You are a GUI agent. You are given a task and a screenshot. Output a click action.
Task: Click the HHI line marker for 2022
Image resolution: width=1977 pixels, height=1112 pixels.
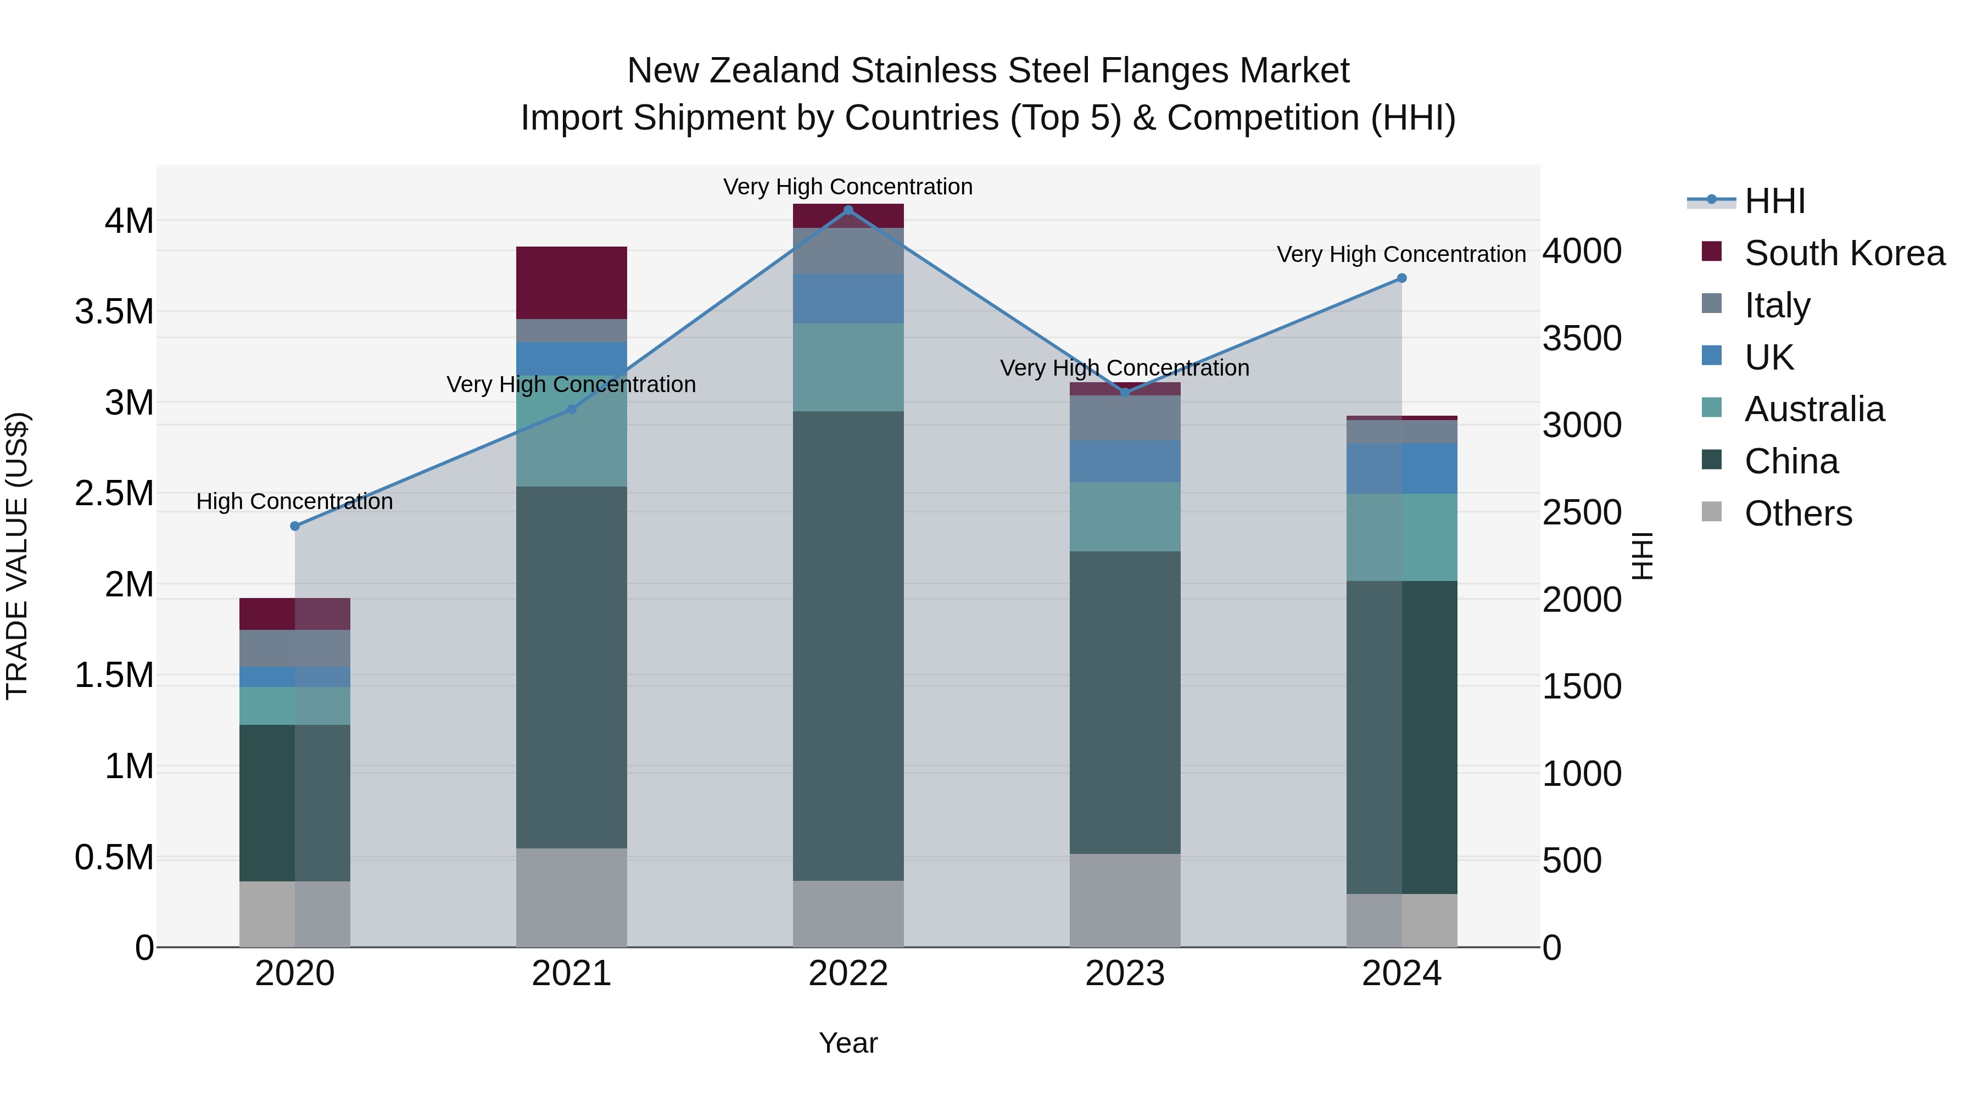[848, 210]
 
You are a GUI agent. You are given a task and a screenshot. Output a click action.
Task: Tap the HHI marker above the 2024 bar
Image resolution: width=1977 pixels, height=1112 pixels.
[1401, 278]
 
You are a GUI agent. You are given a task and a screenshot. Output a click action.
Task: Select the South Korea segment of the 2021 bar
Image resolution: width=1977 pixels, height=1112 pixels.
[571, 282]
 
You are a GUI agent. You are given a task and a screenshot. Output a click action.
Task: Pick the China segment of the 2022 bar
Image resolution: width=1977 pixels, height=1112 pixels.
[848, 645]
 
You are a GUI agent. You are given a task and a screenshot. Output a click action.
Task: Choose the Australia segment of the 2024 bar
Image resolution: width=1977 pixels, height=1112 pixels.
[1401, 537]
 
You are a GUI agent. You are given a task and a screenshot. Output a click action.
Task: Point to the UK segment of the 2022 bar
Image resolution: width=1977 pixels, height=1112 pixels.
[848, 299]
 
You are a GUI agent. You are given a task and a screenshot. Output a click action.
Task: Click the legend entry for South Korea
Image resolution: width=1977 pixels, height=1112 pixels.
[1844, 253]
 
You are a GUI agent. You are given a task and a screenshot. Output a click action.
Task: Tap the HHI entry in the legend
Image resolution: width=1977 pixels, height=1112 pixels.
[1774, 201]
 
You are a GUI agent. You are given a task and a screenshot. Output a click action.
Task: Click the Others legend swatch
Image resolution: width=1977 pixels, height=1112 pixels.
[1711, 512]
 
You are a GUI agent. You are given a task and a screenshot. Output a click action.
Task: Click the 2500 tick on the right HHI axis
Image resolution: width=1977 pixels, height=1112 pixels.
[1582, 513]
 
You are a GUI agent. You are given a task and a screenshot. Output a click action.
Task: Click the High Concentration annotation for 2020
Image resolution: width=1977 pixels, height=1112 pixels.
[295, 501]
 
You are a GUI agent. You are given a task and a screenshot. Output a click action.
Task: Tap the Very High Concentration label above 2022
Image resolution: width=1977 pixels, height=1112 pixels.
[848, 187]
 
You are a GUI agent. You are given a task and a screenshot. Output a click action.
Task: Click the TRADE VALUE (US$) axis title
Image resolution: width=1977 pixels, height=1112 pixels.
[17, 556]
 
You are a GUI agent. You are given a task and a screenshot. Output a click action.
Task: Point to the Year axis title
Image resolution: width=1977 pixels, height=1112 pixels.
[848, 1043]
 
